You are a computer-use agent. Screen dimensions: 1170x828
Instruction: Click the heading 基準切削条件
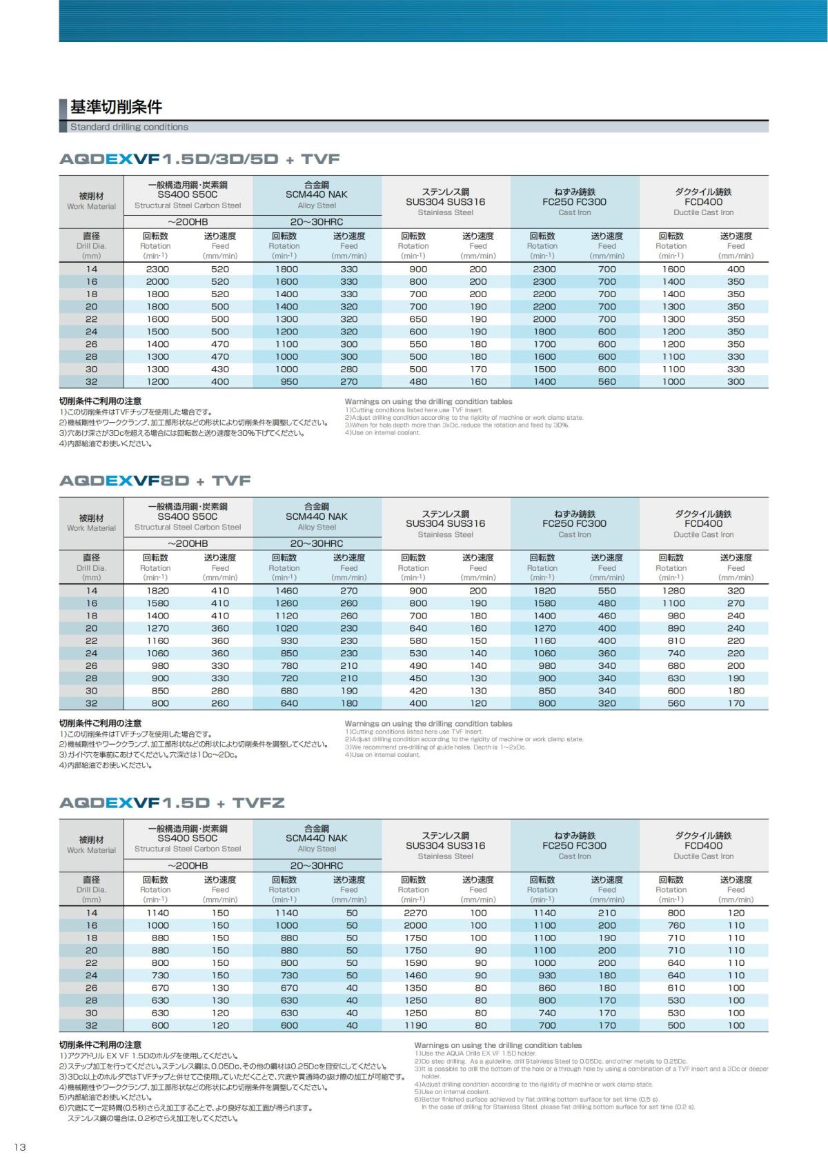(116, 107)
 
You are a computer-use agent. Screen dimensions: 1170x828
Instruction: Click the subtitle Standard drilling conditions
(129, 127)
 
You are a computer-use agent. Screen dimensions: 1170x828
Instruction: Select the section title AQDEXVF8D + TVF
(155, 481)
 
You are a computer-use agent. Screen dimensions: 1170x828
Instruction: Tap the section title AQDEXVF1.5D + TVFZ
(172, 803)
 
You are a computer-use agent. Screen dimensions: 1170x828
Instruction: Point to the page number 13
(19, 1147)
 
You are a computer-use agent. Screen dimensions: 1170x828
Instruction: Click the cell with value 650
(418, 319)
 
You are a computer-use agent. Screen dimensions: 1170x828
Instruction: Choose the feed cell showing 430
(220, 369)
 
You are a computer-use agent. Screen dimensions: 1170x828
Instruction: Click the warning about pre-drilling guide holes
(435, 747)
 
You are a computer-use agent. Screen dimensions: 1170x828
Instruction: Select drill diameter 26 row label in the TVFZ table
(91, 988)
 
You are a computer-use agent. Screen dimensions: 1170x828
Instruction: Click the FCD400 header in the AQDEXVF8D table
(703, 523)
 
